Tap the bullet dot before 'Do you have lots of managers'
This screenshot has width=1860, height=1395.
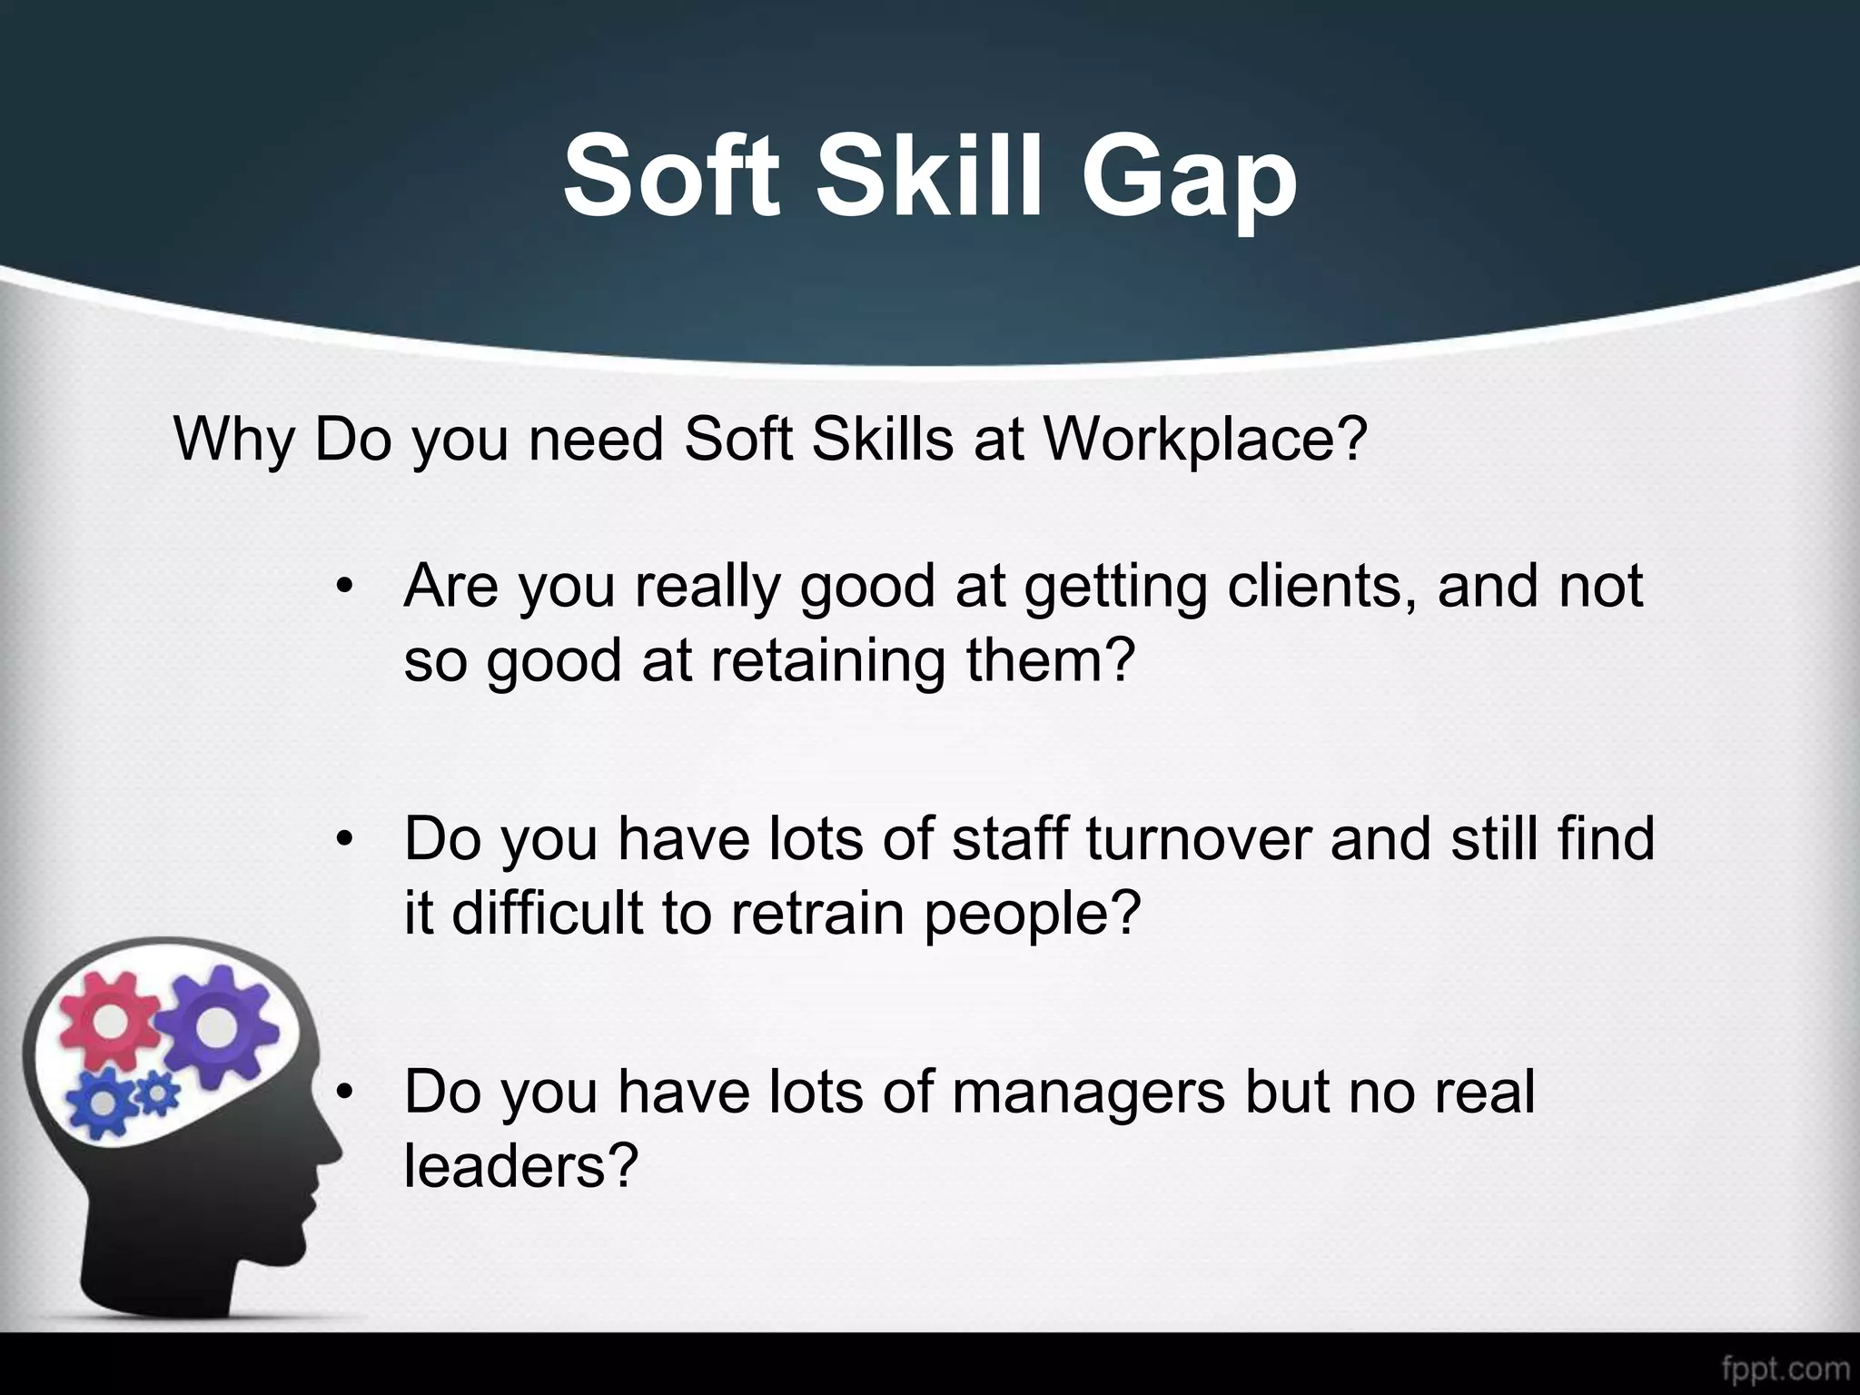pos(342,1093)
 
